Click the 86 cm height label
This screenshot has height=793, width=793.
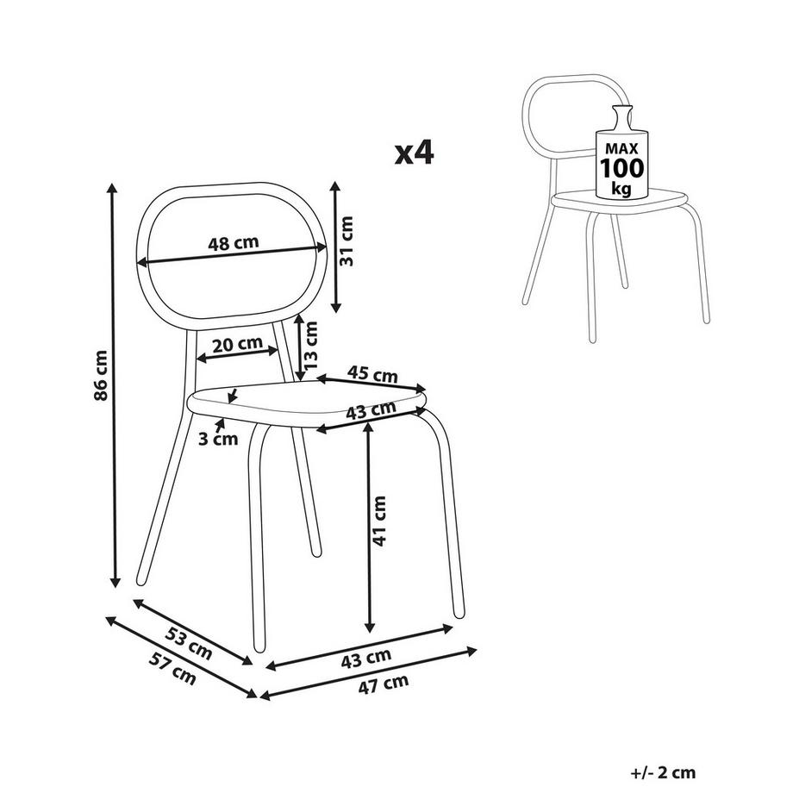coord(101,375)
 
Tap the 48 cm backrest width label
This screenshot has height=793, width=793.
coord(233,243)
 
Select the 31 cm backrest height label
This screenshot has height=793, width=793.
coord(347,240)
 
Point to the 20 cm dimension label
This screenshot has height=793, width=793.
coord(237,345)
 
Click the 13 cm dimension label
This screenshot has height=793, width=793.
coord(309,345)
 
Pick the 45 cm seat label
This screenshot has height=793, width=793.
coord(372,374)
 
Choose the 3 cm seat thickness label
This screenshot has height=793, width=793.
coord(218,439)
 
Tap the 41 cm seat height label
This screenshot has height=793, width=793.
coord(378,521)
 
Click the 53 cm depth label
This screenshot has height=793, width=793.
coord(188,643)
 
